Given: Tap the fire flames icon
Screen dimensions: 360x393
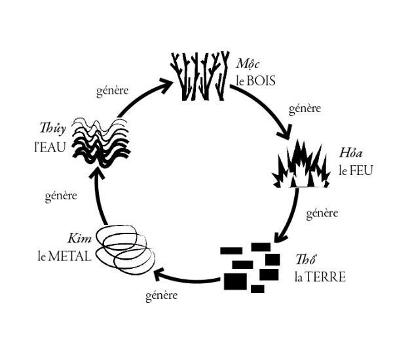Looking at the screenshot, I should tap(299, 165).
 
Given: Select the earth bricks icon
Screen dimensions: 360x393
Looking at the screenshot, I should tap(251, 267).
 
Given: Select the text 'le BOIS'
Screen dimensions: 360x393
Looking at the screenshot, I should tap(256, 82).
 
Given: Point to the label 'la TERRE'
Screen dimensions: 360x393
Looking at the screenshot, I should tap(320, 276).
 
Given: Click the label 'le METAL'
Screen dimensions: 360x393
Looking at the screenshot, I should tap(64, 254).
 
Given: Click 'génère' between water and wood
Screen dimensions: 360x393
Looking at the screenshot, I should tap(112, 90).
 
